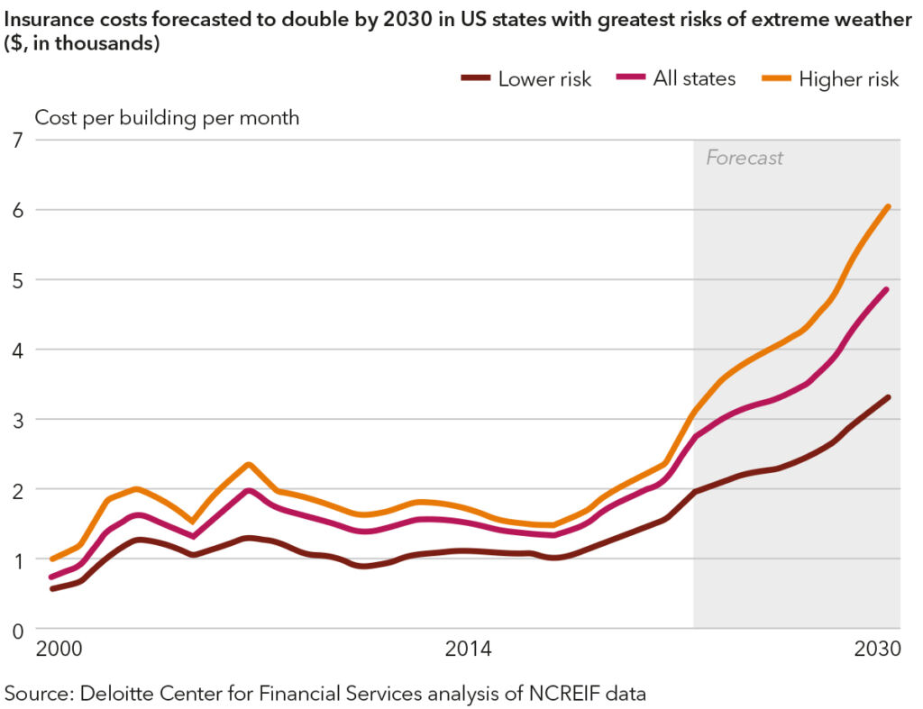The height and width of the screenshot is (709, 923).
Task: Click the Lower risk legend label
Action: pos(544,79)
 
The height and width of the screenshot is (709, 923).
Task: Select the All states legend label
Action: pos(694,79)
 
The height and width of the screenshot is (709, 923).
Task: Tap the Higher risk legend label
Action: pos(848,79)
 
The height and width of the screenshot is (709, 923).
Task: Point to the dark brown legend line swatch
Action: pos(476,79)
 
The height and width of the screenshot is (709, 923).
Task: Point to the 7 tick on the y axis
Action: pos(15,140)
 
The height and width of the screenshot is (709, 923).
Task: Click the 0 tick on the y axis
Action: pos(15,630)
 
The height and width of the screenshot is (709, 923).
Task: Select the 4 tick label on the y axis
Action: pos(15,350)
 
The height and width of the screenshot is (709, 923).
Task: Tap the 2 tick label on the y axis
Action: pos(15,489)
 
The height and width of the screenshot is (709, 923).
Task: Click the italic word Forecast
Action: pos(745,159)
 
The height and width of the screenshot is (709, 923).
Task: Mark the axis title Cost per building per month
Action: pos(167,117)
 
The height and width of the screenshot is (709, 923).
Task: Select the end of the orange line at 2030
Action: pos(889,206)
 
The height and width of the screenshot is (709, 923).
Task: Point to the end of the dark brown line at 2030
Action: pos(889,397)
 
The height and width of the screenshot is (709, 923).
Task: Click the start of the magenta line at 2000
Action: pos(51,577)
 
